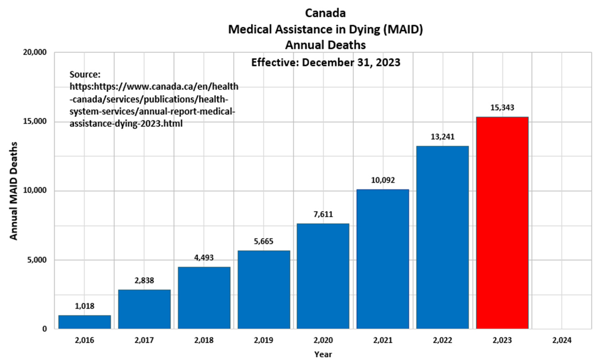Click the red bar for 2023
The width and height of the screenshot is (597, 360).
click(x=502, y=223)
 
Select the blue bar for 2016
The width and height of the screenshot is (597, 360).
click(x=85, y=322)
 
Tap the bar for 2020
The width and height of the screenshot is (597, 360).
click(x=323, y=276)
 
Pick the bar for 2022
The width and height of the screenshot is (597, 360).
click(x=442, y=237)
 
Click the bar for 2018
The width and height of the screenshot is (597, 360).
click(x=204, y=298)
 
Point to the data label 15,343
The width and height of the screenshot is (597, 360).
click(x=502, y=108)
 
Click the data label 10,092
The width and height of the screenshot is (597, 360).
click(x=383, y=180)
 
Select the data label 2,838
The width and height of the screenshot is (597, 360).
click(x=144, y=280)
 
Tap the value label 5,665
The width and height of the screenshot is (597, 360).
click(x=263, y=241)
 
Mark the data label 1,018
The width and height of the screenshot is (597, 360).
click(x=85, y=306)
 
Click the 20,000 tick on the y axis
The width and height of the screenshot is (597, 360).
click(x=35, y=52)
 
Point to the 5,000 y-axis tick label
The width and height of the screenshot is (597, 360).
click(x=37, y=260)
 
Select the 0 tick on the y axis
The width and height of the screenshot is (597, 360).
click(x=45, y=329)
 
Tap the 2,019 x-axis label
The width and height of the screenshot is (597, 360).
click(x=263, y=340)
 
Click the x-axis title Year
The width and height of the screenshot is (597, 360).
click(x=322, y=354)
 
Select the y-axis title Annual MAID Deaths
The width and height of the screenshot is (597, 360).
click(x=14, y=191)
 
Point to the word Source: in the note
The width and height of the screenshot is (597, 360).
click(x=85, y=74)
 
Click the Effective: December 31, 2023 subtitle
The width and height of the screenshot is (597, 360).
click(x=326, y=63)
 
